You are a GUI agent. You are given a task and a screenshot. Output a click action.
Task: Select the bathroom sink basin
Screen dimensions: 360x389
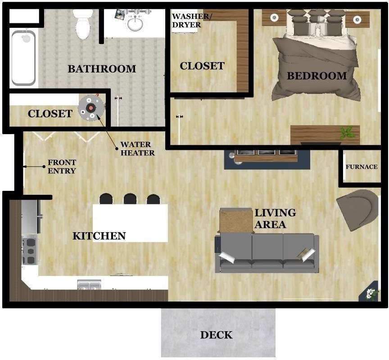coord(135,23)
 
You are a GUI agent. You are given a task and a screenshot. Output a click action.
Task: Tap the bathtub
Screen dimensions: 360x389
coord(23,57)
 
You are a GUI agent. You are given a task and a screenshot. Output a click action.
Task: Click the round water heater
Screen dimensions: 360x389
coord(91,108)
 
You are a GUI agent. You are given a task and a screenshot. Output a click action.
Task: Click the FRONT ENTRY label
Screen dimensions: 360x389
coord(62,166)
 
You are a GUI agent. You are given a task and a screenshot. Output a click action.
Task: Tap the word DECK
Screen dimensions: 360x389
coord(216,335)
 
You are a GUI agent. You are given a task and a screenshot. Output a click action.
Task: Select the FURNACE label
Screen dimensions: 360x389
coord(362,167)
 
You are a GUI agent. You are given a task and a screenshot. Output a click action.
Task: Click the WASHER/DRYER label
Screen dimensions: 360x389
coord(191,21)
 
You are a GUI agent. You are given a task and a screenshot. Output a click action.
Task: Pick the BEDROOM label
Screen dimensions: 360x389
coord(317,76)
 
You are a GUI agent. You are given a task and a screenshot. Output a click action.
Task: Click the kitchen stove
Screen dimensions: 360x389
coord(30,250)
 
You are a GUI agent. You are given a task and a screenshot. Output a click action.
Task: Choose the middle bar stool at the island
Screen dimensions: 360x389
coord(130,198)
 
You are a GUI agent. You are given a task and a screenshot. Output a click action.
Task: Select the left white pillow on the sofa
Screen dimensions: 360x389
coord(227,257)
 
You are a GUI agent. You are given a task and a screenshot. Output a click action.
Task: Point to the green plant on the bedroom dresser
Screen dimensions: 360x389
coord(347,132)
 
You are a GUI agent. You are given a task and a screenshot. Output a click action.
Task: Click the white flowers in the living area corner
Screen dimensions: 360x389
coord(371,293)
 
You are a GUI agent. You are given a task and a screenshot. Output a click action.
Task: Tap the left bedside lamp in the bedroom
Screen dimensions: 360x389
coord(274,18)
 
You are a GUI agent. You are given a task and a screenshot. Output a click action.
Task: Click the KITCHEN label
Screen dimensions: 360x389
coord(99,236)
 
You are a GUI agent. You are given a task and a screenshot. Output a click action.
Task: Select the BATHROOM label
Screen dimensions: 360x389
coord(102,69)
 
